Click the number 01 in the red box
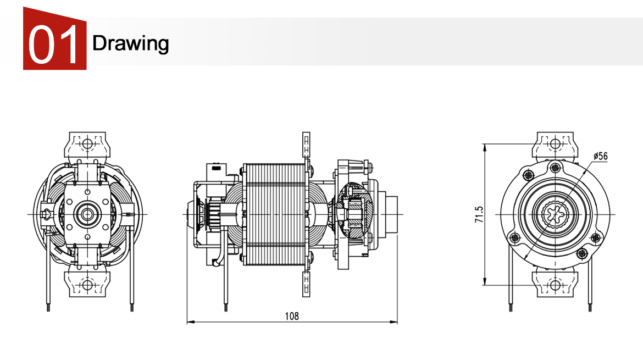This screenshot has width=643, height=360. [x=54, y=44]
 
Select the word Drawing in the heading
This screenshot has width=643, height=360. [x=130, y=43]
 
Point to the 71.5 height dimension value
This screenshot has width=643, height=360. [x=479, y=214]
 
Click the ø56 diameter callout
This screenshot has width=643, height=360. [x=600, y=156]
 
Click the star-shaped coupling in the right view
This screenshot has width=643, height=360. [x=555, y=214]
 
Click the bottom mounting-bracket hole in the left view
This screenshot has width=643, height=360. [x=86, y=285]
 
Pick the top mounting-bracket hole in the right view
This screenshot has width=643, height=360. [x=555, y=143]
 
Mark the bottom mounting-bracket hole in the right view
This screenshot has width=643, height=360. [x=555, y=285]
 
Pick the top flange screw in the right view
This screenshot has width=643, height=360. [x=555, y=167]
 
